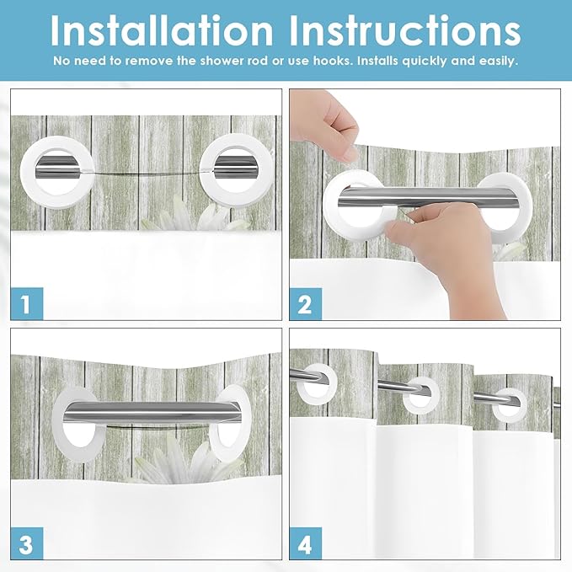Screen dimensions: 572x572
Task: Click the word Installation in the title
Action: coord(162,31)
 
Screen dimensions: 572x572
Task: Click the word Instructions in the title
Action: coord(404,31)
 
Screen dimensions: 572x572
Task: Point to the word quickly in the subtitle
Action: coord(425,61)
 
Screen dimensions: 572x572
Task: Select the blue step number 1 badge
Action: coord(27,303)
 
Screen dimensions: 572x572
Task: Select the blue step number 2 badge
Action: coord(306,304)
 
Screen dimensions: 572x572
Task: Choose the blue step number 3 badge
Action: coord(27,543)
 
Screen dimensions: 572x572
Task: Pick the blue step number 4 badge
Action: coord(306,543)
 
